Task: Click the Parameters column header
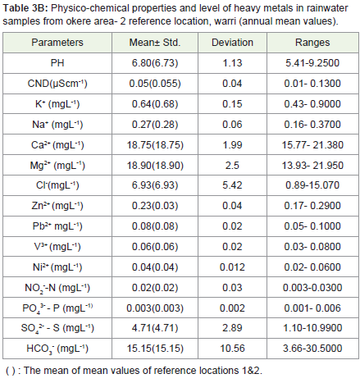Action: pyautogui.click(x=57, y=43)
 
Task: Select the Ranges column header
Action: pyautogui.click(x=312, y=43)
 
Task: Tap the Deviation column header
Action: pyautogui.click(x=232, y=43)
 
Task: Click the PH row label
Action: pyautogui.click(x=57, y=63)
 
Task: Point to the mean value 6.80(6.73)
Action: pyautogui.click(x=155, y=63)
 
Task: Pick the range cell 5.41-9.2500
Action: pyautogui.click(x=312, y=63)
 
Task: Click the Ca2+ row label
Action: pyautogui.click(x=57, y=144)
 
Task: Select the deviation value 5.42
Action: pyautogui.click(x=232, y=185)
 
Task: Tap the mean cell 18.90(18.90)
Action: pyautogui.click(x=155, y=166)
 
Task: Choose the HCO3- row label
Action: pyautogui.click(x=57, y=349)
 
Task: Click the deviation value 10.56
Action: pyautogui.click(x=232, y=349)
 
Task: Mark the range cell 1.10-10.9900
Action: pyautogui.click(x=312, y=328)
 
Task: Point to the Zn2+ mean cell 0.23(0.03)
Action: pyautogui.click(x=155, y=206)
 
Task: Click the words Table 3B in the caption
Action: pyautogui.click(x=25, y=8)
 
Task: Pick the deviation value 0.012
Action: pyautogui.click(x=232, y=267)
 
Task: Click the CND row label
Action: pyautogui.click(x=57, y=84)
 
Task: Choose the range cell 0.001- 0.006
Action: pyautogui.click(x=312, y=308)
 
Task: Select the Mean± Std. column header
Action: pyautogui.click(x=155, y=43)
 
